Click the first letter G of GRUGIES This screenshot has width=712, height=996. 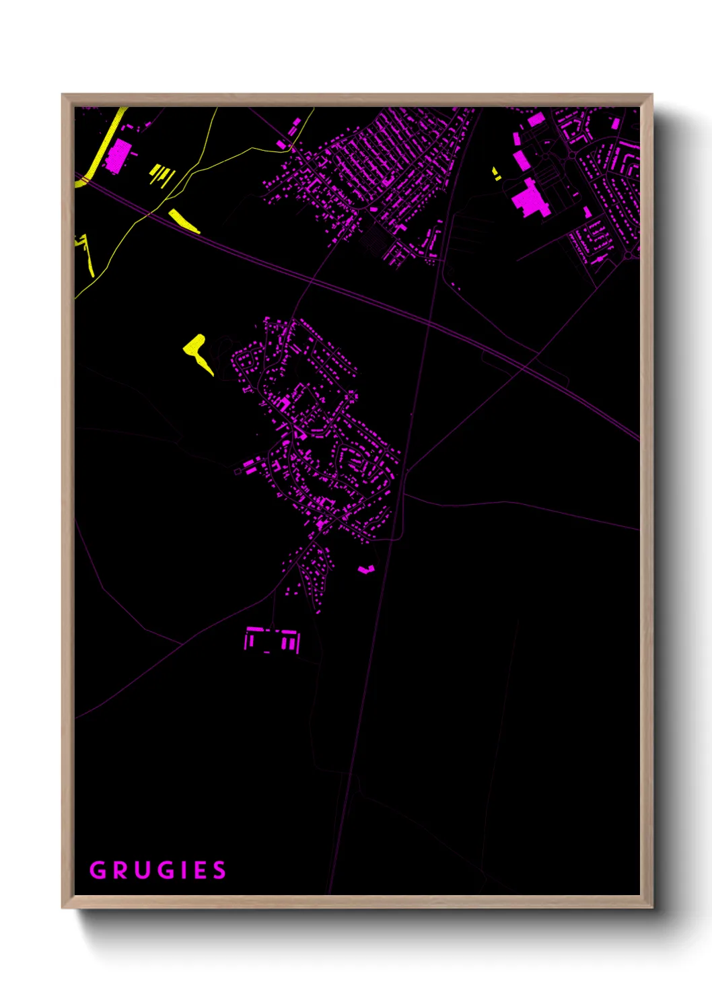point(98,870)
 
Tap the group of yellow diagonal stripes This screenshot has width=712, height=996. point(162,175)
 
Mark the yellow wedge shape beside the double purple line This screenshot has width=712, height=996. point(183,221)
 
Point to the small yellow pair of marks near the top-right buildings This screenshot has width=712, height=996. point(497,174)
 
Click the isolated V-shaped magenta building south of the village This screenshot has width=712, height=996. point(365,570)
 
